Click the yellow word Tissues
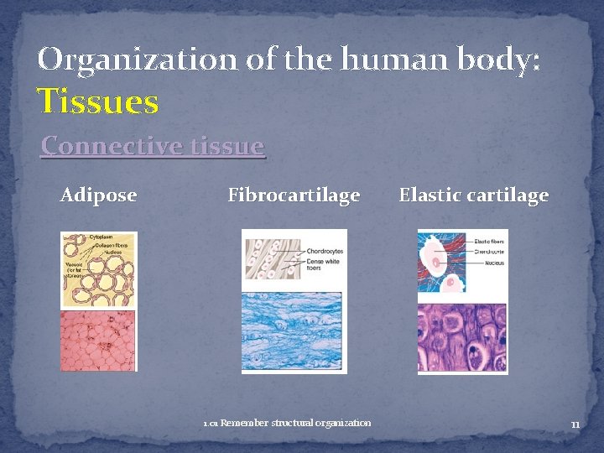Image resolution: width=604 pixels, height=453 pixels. click(x=98, y=102)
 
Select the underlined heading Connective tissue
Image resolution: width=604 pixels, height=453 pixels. click(x=153, y=146)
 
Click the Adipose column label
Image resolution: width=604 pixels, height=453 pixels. click(x=98, y=195)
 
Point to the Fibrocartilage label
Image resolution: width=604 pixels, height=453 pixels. click(x=294, y=195)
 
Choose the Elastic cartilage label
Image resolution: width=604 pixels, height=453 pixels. click(x=473, y=195)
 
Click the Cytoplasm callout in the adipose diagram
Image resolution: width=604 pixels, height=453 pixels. click(x=103, y=237)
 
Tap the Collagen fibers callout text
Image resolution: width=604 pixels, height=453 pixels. click(x=111, y=244)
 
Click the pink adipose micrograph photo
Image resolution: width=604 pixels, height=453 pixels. click(x=97, y=340)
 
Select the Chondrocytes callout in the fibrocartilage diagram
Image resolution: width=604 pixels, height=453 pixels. click(x=324, y=251)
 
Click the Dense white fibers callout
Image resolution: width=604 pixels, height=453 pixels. click(x=323, y=264)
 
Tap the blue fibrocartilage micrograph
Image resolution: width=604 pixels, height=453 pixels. click(x=292, y=331)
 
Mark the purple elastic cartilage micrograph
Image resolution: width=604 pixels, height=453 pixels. click(x=462, y=338)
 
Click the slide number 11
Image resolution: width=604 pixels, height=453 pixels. click(x=575, y=424)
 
